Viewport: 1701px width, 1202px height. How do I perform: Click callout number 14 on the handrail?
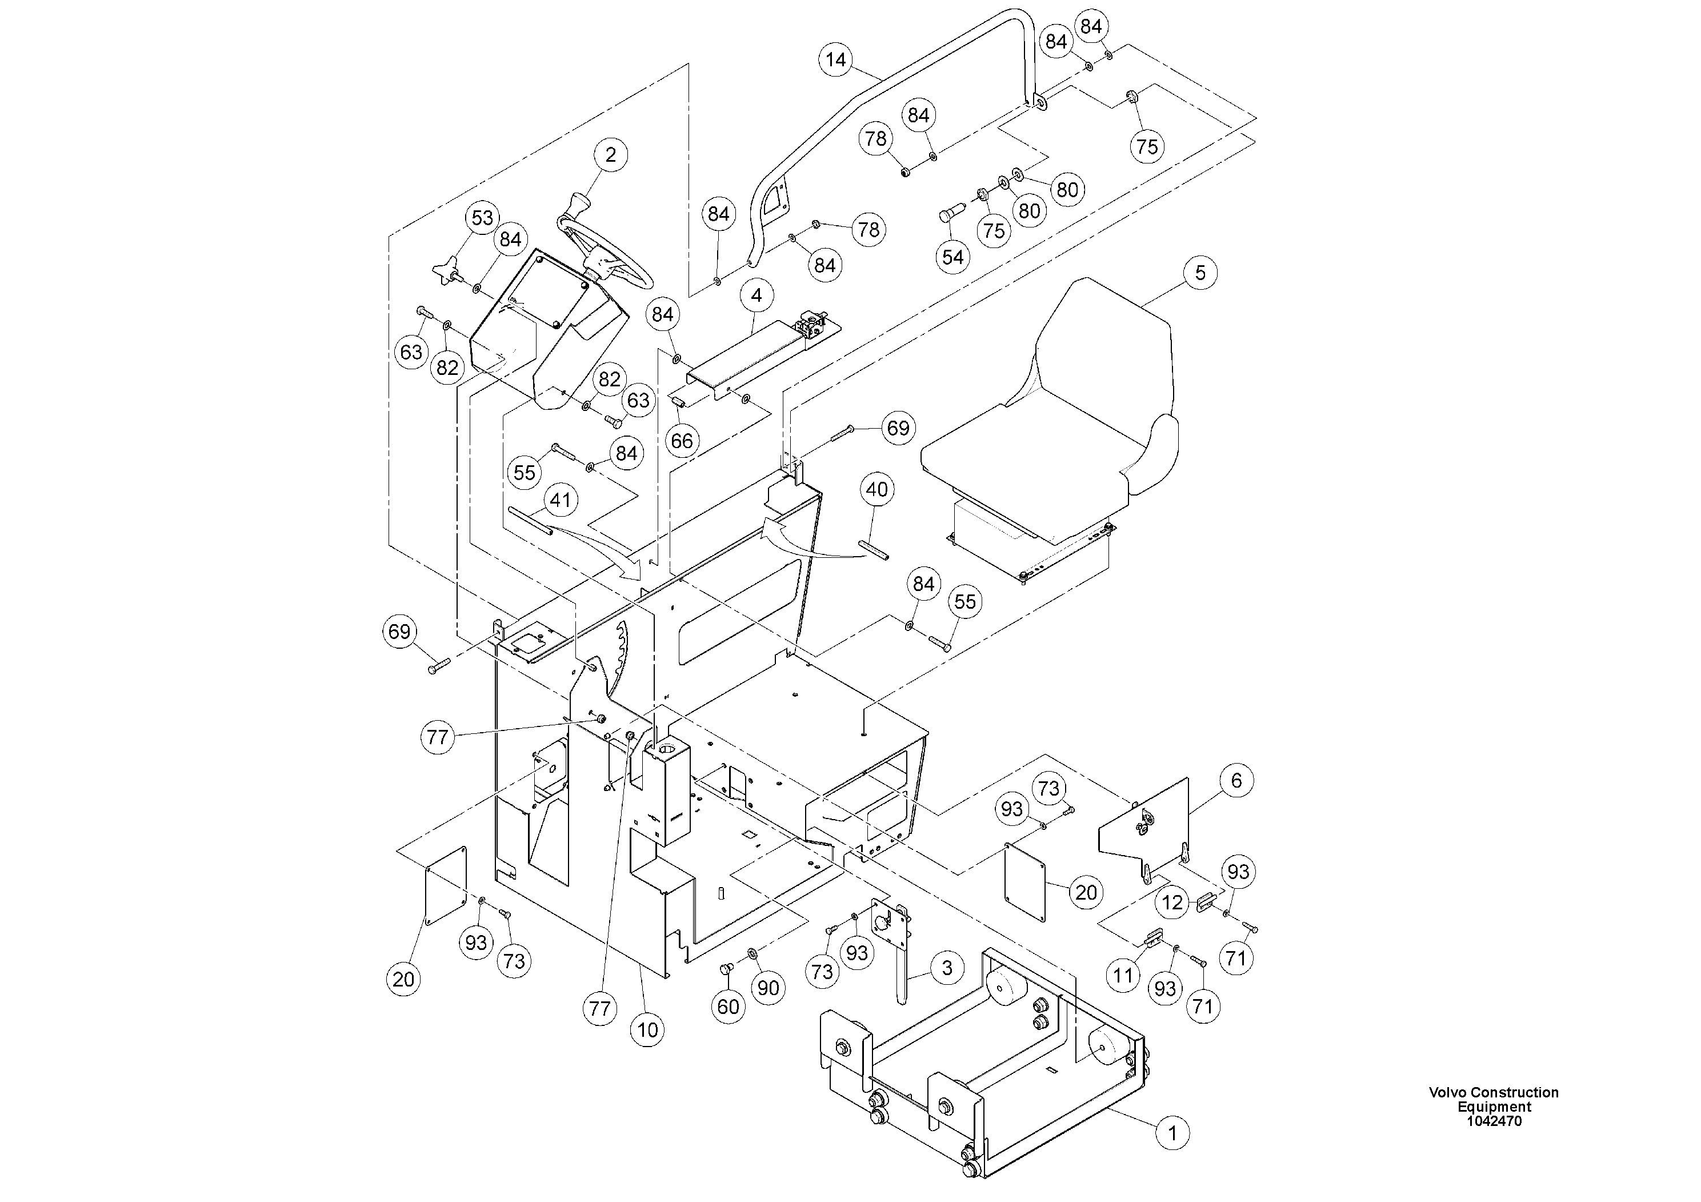pyautogui.click(x=836, y=59)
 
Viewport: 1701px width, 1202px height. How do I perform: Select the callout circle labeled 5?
pyautogui.click(x=1199, y=273)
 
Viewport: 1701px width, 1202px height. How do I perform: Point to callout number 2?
pyautogui.click(x=610, y=155)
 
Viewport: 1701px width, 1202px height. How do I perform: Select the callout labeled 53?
pyautogui.click(x=482, y=218)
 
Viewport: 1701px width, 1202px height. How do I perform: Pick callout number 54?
pyautogui.click(x=952, y=257)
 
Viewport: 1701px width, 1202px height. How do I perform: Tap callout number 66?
pyautogui.click(x=682, y=441)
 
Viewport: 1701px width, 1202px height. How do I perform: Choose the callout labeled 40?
pyautogui.click(x=876, y=490)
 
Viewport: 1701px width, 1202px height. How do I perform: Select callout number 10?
pyautogui.click(x=647, y=1029)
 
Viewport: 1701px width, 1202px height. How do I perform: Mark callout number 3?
pyautogui.click(x=947, y=968)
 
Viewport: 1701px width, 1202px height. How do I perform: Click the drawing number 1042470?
pyautogui.click(x=1494, y=1121)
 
